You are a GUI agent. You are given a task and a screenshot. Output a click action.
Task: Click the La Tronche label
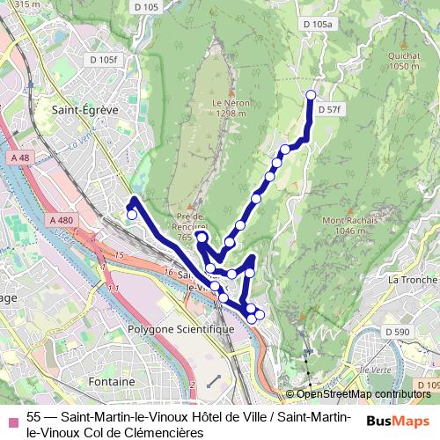coord(412,280)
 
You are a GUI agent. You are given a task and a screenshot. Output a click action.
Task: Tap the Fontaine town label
coord(111,382)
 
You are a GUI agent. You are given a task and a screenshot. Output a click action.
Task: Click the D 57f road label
coord(328,110)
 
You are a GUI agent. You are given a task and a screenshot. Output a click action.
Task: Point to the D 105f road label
coord(102,60)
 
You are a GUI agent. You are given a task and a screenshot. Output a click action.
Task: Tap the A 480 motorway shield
coord(61,219)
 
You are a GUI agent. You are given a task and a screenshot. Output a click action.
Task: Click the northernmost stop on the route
coord(310,95)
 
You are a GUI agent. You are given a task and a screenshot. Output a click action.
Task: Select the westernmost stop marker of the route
coord(132,214)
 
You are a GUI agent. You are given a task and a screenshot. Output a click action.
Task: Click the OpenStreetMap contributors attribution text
coord(363,394)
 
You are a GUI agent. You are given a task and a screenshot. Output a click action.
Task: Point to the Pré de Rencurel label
coord(190,222)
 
